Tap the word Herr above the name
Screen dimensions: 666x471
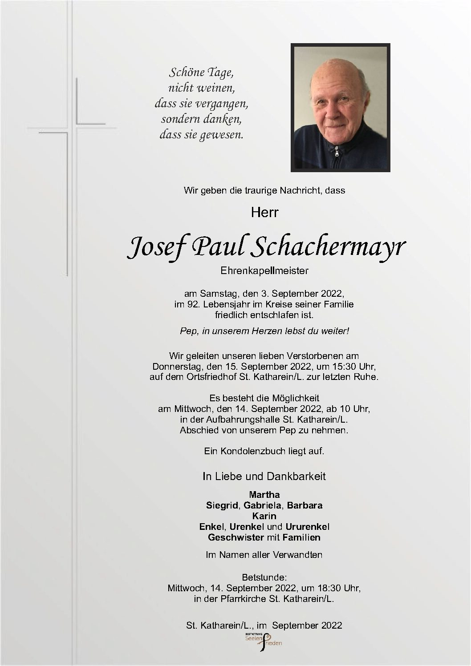click(x=264, y=212)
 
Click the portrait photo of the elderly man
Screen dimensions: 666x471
click(x=341, y=107)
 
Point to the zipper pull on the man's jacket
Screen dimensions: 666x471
click(x=337, y=153)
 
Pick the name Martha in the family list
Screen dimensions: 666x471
click(x=264, y=495)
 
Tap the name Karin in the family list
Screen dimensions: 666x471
click(x=264, y=516)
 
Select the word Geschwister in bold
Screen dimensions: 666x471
click(x=236, y=537)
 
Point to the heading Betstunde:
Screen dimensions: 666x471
click(x=264, y=577)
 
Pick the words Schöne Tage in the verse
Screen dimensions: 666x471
click(x=201, y=72)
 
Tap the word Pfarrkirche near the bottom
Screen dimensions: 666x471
click(x=244, y=599)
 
